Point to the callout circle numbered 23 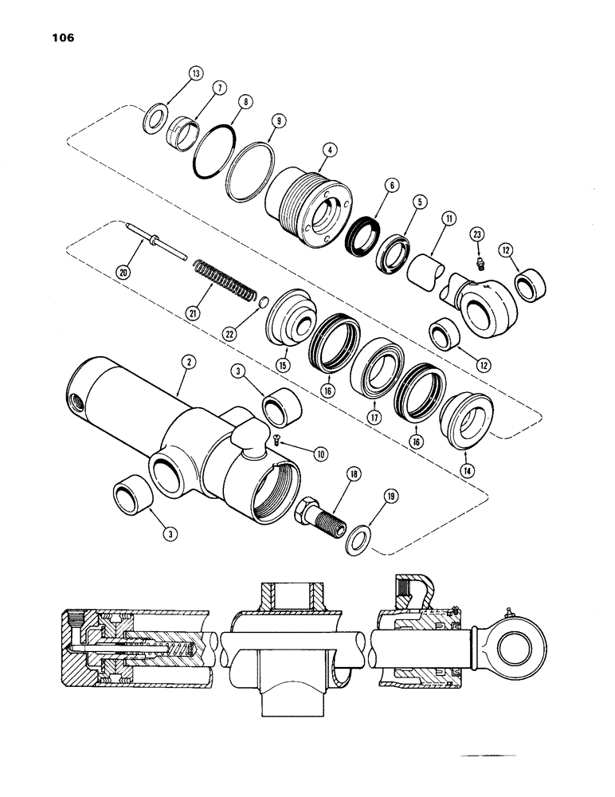pyautogui.click(x=477, y=234)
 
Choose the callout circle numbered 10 pyautogui.click(x=320, y=453)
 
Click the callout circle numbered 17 pyautogui.click(x=372, y=416)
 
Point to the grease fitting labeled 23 pyautogui.click(x=478, y=262)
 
